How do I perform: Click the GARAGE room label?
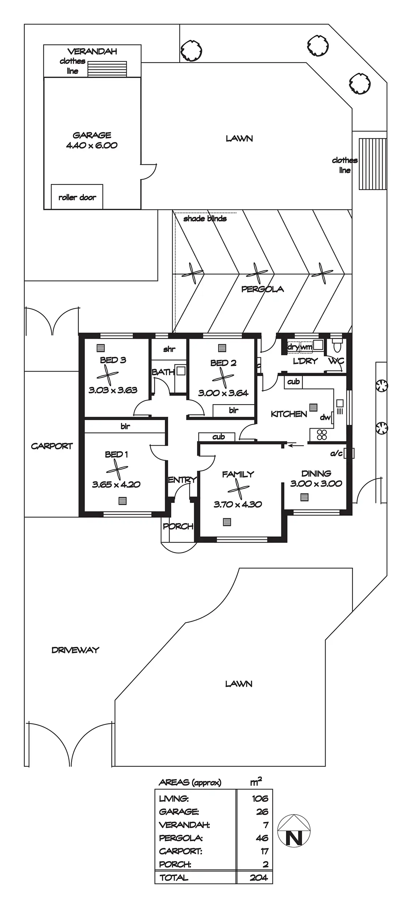92,135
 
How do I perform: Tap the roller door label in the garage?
77,198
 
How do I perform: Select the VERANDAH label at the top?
92,52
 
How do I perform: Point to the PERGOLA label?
262,289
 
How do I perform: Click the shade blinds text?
205,219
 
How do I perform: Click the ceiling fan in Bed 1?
117,469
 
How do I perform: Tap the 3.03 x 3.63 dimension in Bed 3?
113,390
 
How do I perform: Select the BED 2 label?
223,363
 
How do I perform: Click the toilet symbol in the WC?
337,347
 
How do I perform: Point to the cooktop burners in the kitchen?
322,434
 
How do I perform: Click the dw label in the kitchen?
325,418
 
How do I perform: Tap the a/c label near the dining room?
336,453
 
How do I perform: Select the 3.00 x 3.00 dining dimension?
316,483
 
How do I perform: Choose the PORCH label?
178,526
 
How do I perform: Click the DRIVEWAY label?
75,650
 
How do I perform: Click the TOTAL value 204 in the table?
259,877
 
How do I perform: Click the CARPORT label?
52,446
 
